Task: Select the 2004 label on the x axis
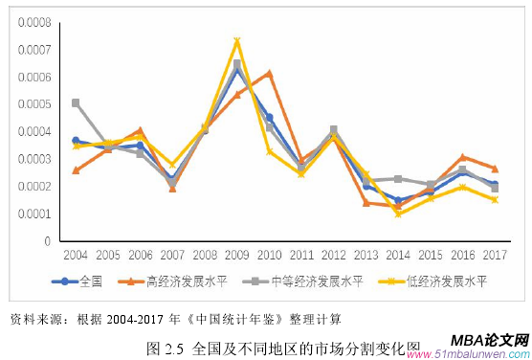tap(76, 256)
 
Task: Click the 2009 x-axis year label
tap(236, 256)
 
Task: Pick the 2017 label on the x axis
tap(494, 256)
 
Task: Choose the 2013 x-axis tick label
tap(365, 256)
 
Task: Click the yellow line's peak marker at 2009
tap(236, 41)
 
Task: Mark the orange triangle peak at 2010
tap(269, 73)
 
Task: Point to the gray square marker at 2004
tap(76, 102)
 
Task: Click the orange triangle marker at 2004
tap(76, 169)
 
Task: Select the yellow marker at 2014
tap(397, 214)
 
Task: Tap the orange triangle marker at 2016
tap(462, 157)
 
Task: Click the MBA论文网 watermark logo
tap(488, 342)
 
